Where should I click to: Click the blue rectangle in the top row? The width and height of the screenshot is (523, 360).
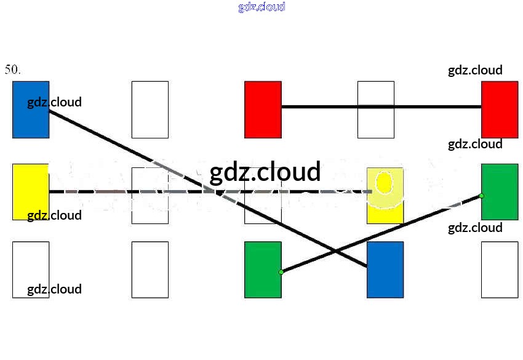click(x=31, y=110)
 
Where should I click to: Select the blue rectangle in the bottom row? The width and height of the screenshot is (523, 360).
click(x=385, y=270)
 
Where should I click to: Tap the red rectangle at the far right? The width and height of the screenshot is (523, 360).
click(x=500, y=110)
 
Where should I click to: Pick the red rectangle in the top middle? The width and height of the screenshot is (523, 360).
click(x=263, y=110)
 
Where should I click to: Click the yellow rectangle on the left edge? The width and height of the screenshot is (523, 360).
click(x=31, y=192)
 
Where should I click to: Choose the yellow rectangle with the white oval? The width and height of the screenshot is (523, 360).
click(x=385, y=196)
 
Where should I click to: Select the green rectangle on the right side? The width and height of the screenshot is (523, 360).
click(x=500, y=192)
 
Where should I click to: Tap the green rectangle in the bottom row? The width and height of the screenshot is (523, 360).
click(x=263, y=270)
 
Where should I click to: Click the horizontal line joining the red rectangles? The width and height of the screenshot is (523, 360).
click(x=381, y=106)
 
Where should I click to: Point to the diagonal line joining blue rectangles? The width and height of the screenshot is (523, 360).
click(x=208, y=188)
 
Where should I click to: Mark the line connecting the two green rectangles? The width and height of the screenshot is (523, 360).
click(x=381, y=234)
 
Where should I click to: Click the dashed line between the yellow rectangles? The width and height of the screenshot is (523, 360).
click(x=210, y=191)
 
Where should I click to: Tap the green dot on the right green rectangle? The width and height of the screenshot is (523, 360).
click(x=481, y=196)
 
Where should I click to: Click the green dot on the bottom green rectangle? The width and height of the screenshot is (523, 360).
click(x=281, y=272)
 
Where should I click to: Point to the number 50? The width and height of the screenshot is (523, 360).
click(x=12, y=70)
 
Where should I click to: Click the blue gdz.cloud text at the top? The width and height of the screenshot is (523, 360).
click(x=262, y=7)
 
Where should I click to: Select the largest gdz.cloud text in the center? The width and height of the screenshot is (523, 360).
click(x=265, y=172)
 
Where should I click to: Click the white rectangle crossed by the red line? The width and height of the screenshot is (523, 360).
click(x=376, y=110)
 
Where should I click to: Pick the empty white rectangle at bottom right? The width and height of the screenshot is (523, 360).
click(x=500, y=270)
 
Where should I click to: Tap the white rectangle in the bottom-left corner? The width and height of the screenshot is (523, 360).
click(x=31, y=270)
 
